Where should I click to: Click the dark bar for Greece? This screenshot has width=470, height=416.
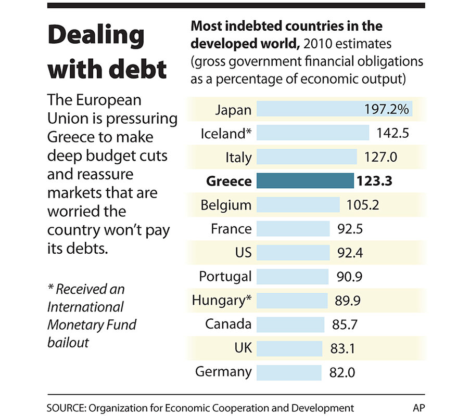[306, 181]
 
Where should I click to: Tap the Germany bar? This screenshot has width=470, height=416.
[289, 372]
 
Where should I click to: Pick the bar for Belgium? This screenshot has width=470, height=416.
[298, 205]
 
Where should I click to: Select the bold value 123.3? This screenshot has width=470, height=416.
[374, 181]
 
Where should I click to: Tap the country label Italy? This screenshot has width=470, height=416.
[239, 157]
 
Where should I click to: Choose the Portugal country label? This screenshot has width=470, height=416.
[225, 276]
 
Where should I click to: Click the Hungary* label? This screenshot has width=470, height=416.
[222, 301]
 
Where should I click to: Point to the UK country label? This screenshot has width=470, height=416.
[242, 348]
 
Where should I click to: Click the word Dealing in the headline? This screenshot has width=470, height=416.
[96, 35]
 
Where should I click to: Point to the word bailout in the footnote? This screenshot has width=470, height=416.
[68, 343]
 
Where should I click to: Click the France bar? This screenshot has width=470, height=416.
[294, 229]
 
